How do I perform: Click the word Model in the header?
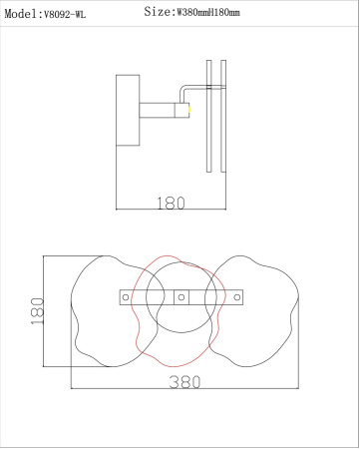tap(21, 14)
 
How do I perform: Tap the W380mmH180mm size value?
tap(214, 13)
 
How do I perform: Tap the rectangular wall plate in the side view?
tap(128, 110)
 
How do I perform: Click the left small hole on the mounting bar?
tap(125, 296)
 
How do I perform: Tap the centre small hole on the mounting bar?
tap(180, 296)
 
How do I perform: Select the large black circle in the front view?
tap(180, 266)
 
